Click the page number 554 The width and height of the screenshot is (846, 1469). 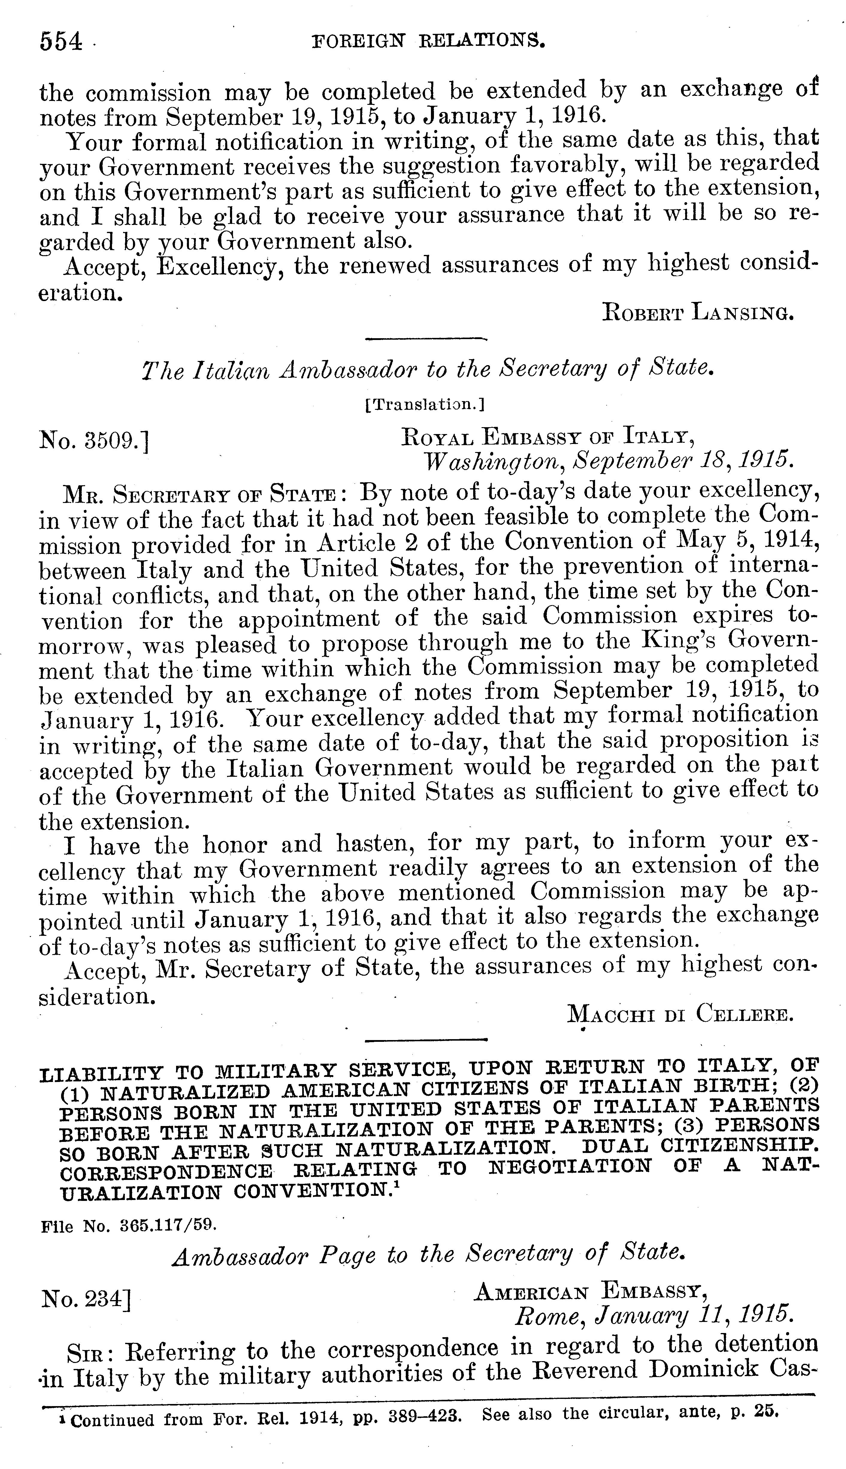(x=61, y=42)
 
